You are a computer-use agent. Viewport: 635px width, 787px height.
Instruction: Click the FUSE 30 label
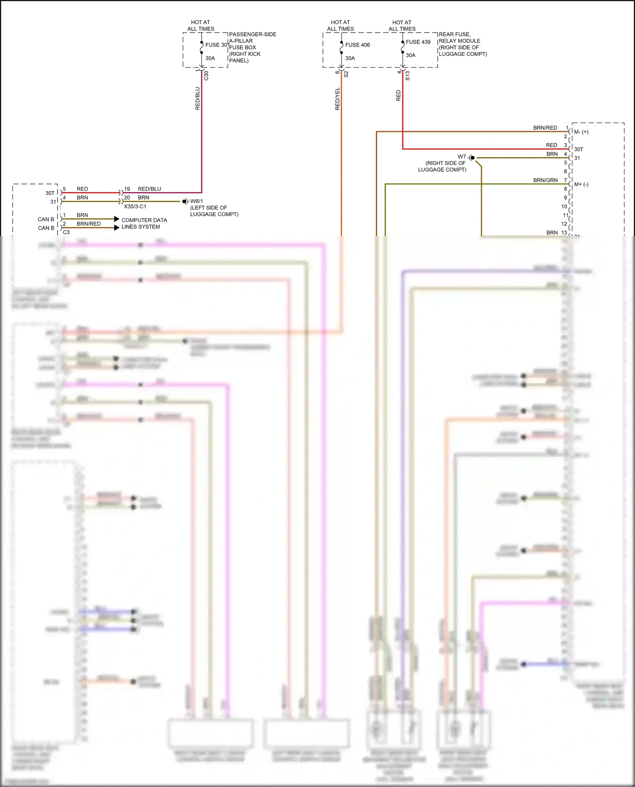216,45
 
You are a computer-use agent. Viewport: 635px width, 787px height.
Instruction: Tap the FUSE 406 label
357,45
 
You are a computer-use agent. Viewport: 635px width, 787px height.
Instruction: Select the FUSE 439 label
418,42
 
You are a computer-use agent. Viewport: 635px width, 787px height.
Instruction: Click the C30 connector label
206,76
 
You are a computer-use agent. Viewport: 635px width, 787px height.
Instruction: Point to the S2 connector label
346,74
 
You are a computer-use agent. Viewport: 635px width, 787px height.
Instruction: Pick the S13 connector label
407,76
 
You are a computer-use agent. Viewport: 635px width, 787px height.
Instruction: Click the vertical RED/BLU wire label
198,99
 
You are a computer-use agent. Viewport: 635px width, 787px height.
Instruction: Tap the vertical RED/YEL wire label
337,99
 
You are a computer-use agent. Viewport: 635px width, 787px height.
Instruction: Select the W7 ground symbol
472,158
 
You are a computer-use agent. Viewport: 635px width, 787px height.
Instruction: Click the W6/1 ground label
196,201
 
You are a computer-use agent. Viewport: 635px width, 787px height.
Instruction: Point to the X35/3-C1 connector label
135,206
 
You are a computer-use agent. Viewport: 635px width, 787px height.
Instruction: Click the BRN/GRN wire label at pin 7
545,180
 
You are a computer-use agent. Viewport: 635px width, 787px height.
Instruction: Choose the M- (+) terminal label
581,132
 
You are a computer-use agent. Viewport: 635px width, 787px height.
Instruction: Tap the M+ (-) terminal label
581,184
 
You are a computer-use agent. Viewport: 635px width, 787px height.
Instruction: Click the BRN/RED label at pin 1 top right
545,128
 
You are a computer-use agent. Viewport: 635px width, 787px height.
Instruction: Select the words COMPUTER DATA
144,220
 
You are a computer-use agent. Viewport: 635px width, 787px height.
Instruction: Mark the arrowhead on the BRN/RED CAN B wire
117,228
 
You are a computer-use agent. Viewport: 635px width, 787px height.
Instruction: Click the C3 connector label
66,232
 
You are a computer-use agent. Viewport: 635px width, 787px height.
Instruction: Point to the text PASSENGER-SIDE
253,34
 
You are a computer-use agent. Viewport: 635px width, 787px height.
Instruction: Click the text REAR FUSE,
455,34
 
